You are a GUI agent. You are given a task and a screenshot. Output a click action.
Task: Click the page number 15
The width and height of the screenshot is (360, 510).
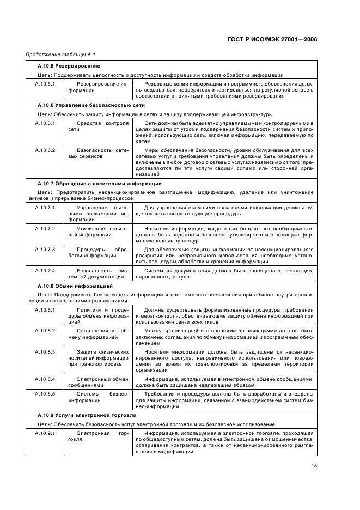coord(314,465)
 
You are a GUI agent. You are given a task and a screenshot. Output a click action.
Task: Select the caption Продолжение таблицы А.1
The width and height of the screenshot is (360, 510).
coord(53,54)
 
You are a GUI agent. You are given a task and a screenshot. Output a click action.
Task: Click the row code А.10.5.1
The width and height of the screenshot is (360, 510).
coord(45,84)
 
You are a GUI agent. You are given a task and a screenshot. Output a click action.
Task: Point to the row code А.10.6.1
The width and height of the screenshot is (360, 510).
coord(45,123)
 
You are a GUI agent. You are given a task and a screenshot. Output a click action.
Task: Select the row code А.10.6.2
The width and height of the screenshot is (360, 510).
coord(45,150)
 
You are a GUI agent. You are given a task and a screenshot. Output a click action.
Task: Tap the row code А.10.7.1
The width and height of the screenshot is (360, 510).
coord(45,208)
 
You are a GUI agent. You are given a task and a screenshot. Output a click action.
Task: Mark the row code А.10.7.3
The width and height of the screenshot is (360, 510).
coord(45,249)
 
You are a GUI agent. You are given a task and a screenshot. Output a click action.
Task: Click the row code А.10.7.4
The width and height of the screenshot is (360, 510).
coord(45,270)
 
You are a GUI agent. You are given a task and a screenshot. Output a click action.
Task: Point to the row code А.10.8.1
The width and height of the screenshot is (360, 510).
coord(45,309)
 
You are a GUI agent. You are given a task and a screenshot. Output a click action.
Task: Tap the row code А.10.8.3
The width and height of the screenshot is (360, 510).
coord(45,351)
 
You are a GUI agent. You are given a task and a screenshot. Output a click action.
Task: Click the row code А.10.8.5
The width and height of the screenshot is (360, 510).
coord(45,393)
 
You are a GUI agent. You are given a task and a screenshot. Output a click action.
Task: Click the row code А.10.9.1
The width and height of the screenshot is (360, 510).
coord(45,433)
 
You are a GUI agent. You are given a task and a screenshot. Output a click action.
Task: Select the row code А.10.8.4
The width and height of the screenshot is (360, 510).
coord(45,379)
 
